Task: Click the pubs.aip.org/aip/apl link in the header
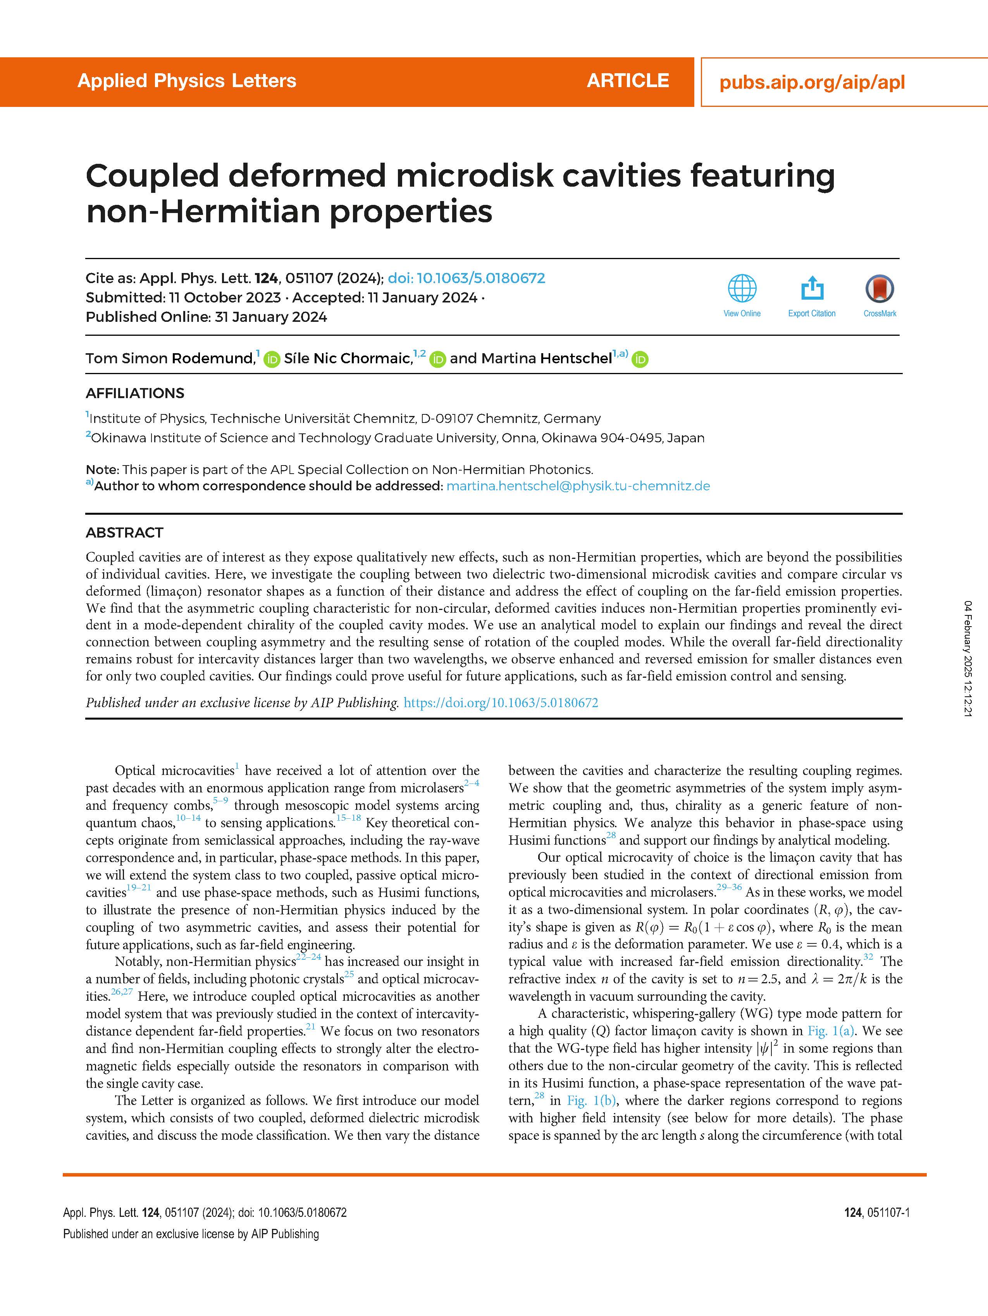pos(812,82)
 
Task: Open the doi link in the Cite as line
pos(466,278)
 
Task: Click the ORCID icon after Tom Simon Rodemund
pos(272,359)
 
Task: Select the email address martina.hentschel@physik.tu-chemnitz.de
pos(578,486)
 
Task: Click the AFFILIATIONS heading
pos(135,393)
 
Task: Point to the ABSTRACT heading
pos(124,533)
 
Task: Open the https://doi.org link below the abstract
pos(501,703)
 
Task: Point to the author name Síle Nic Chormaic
pos(348,358)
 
